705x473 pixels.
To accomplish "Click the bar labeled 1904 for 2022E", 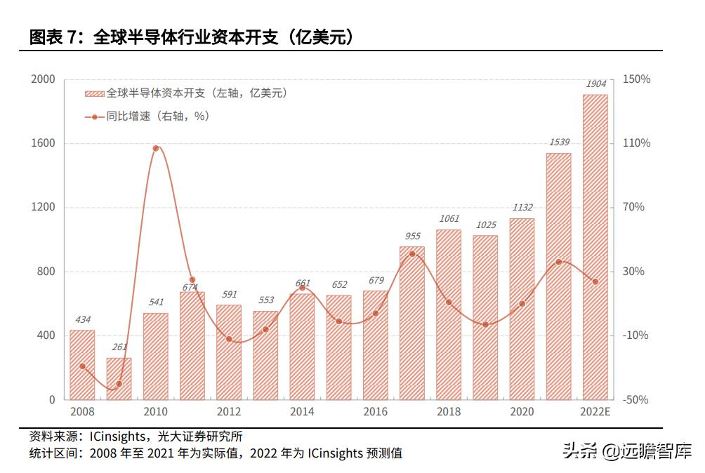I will point(595,246).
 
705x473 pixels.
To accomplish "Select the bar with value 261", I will point(119,379).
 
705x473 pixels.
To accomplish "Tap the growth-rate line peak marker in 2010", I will point(155,148).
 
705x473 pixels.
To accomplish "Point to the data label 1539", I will point(558,142).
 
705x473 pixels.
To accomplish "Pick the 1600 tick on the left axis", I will point(43,143).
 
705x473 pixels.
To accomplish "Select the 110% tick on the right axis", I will point(637,143).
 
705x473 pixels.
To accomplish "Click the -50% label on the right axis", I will point(637,399).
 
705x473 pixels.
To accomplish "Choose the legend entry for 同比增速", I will point(147,116).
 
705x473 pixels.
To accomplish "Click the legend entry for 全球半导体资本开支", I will point(186,93).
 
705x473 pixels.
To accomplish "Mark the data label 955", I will point(412,236).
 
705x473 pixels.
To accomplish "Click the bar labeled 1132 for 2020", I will point(522,309).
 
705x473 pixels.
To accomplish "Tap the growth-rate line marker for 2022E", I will point(595,281).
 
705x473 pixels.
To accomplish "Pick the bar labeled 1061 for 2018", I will point(449,314).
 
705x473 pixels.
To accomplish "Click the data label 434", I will point(82,319).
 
